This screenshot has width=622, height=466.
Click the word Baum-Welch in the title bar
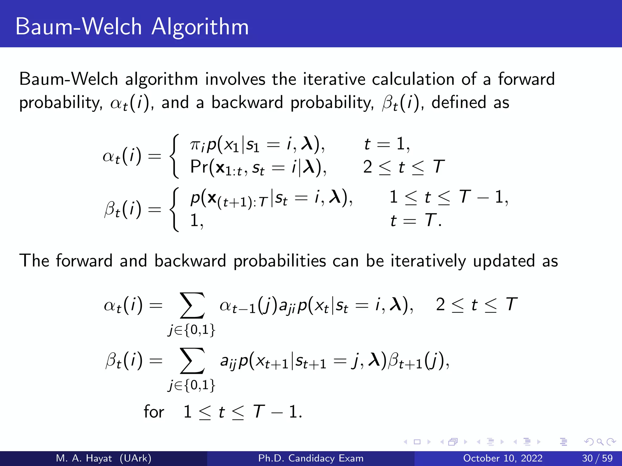tap(79, 27)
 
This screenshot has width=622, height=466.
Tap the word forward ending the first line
tap(526, 79)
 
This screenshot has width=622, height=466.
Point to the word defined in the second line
tap(459, 103)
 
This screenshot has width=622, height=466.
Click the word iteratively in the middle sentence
tap(428, 261)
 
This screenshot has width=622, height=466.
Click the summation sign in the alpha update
tap(192, 306)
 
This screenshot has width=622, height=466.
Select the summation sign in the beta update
tap(192, 361)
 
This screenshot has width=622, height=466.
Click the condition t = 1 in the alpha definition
tap(387, 144)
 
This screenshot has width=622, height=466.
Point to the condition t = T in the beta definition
tap(415, 220)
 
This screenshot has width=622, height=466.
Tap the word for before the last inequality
tap(154, 412)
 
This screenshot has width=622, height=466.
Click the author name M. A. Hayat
tap(84, 458)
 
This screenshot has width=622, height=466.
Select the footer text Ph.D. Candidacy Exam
tap(311, 458)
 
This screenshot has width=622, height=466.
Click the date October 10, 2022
tap(503, 458)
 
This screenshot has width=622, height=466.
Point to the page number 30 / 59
tap(597, 458)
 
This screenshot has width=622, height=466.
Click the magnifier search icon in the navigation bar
tap(600, 442)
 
